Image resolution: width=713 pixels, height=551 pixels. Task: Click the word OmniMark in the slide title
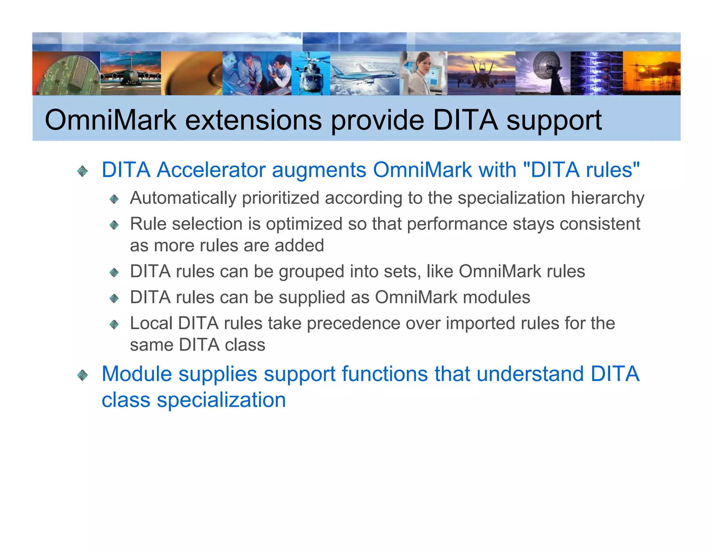(x=111, y=121)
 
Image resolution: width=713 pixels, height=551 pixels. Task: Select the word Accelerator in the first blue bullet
(x=211, y=170)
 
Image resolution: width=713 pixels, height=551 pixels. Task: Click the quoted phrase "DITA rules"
(x=581, y=170)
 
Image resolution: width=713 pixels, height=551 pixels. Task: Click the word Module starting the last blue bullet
(x=136, y=374)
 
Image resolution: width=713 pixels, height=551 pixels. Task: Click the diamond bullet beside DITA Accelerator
(x=83, y=171)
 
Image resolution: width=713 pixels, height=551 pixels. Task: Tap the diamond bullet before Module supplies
(x=83, y=375)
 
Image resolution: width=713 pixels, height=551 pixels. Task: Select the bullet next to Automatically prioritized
(x=114, y=199)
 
